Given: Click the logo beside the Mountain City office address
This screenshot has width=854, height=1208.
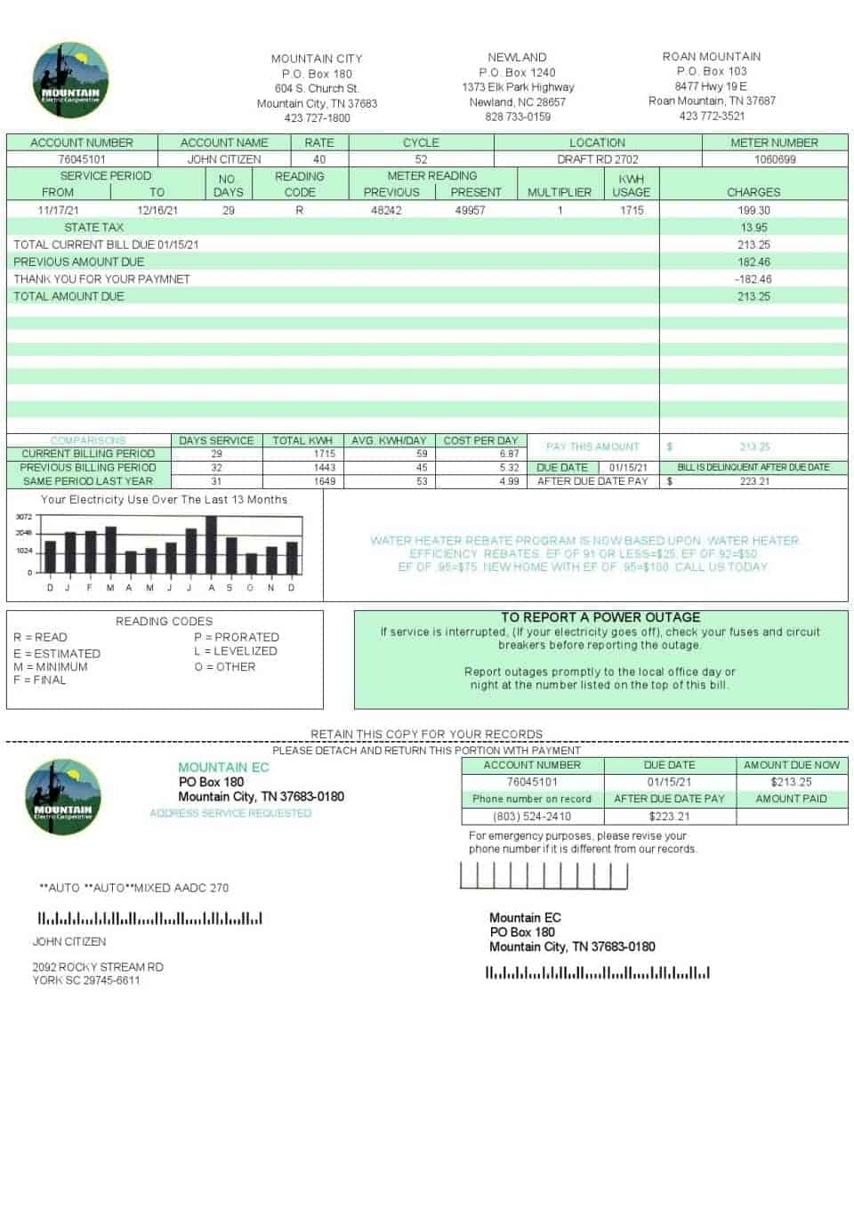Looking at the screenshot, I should pyautogui.click(x=70, y=80).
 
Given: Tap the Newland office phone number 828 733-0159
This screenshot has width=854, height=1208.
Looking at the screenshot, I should pyautogui.click(x=517, y=117).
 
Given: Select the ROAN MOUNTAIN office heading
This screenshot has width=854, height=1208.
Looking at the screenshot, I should pyautogui.click(x=711, y=56).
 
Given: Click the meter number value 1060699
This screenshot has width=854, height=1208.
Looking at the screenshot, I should pyautogui.click(x=774, y=159).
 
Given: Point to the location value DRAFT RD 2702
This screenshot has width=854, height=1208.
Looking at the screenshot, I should pyautogui.click(x=597, y=159).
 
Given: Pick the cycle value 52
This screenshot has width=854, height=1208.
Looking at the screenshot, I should pyautogui.click(x=421, y=159).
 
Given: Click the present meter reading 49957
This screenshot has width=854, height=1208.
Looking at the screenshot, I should pyautogui.click(x=470, y=210).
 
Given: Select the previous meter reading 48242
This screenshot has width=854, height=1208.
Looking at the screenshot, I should pyautogui.click(x=386, y=210).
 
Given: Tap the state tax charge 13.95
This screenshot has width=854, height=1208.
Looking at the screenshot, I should pyautogui.click(x=753, y=227).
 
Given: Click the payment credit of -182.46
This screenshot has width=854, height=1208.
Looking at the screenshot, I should pyautogui.click(x=753, y=278).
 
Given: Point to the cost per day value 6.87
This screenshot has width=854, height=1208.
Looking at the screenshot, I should pyautogui.click(x=509, y=454).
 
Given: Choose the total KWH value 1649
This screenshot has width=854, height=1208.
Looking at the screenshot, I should pyautogui.click(x=325, y=481).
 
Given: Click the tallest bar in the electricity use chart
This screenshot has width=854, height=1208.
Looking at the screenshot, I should pyautogui.click(x=211, y=544).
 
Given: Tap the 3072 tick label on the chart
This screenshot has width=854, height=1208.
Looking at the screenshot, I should pyautogui.click(x=24, y=517).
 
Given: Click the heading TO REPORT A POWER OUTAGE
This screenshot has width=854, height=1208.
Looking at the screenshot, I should pyautogui.click(x=600, y=617).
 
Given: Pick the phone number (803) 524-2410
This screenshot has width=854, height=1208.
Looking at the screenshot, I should pyautogui.click(x=532, y=816).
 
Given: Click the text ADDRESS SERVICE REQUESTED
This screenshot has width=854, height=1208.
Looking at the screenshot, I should pyautogui.click(x=230, y=813).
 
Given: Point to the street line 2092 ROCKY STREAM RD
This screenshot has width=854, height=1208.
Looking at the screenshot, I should pyautogui.click(x=98, y=967).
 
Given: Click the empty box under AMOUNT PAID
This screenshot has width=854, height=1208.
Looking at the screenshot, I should pyautogui.click(x=791, y=816).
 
